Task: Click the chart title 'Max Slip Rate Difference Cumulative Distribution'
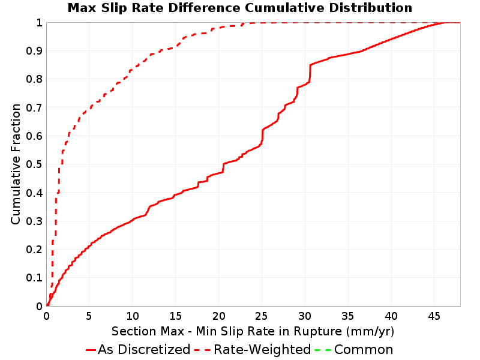pyautogui.click(x=239, y=8)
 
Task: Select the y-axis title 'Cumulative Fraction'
pyautogui.click(x=16, y=164)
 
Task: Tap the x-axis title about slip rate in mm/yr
pyautogui.click(x=253, y=332)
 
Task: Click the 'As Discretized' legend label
pyautogui.click(x=144, y=350)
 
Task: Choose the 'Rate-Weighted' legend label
pyautogui.click(x=262, y=350)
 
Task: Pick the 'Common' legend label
pyautogui.click(x=364, y=350)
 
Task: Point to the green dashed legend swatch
pyautogui.click(x=323, y=350)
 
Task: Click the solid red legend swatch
pyautogui.click(x=91, y=350)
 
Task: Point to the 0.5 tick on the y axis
pyautogui.click(x=34, y=164)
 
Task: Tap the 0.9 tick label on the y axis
pyautogui.click(x=34, y=50)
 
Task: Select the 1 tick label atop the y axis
pyautogui.click(x=39, y=22)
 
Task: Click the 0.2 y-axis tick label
pyautogui.click(x=34, y=249)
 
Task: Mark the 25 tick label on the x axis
pyautogui.click(x=262, y=316)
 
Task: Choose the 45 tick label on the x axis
pyautogui.click(x=434, y=316)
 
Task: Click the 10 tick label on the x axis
pyautogui.click(x=132, y=316)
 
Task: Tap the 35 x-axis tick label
pyautogui.click(x=348, y=316)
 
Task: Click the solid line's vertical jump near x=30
pyautogui.click(x=310, y=73)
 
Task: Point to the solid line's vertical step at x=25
pyautogui.click(x=262, y=136)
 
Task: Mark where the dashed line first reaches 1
pyautogui.click(x=244, y=23)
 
